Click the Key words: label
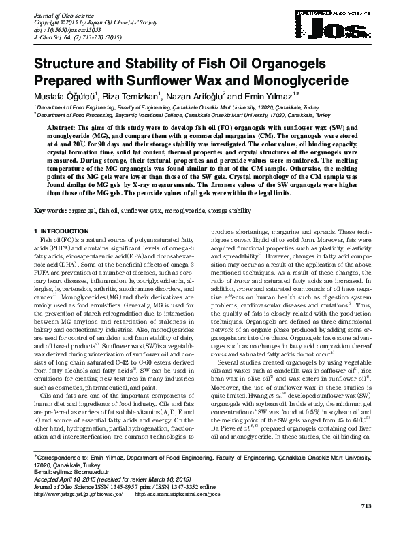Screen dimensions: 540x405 click(50, 212)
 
